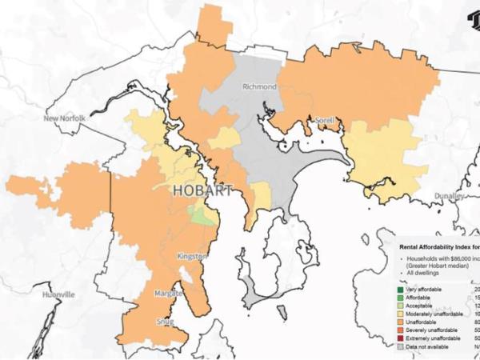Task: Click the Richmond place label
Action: (260, 86)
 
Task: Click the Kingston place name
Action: (192, 256)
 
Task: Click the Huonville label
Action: (58, 294)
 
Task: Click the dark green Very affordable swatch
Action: (400, 290)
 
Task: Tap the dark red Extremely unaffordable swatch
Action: (400, 339)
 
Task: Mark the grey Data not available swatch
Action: (400, 347)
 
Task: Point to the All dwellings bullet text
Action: (423, 274)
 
